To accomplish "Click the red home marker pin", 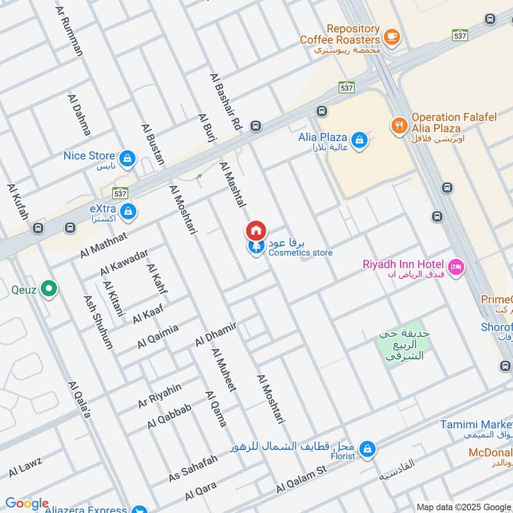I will point(256,230).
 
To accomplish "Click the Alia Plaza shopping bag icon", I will point(360,139).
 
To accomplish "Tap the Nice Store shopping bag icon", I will point(127,158).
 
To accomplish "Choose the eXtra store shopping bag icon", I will point(128,211).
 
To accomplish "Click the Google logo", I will point(26,503).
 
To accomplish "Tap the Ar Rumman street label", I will point(70,31).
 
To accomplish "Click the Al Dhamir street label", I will point(216,335).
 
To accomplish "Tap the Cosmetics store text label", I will point(300,253).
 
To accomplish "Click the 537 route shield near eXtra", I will point(120,192).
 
